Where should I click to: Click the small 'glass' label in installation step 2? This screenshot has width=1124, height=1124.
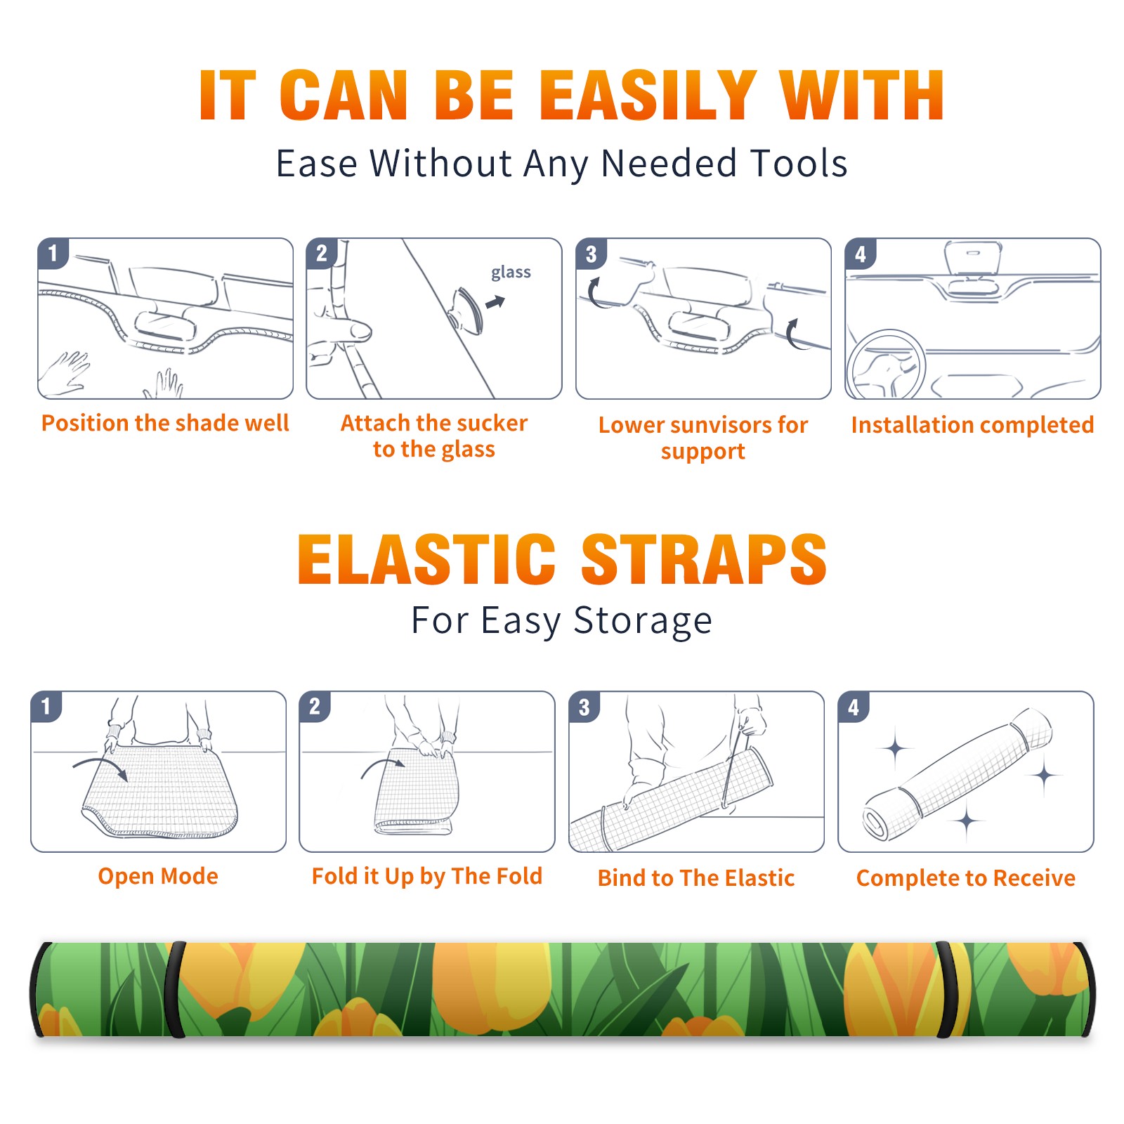[511, 273]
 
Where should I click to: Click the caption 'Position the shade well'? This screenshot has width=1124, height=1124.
[165, 423]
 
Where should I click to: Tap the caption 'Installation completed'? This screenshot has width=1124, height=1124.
[972, 424]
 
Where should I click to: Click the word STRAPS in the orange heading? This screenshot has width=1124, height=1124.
[704, 559]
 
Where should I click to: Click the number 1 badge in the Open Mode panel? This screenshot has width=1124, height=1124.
[46, 706]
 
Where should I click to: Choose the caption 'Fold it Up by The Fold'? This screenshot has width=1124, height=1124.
[427, 877]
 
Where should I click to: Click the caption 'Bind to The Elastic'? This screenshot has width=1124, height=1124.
[696, 878]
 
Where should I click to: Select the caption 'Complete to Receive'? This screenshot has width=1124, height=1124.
[966, 878]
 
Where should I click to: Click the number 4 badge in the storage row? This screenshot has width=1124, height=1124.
[854, 707]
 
